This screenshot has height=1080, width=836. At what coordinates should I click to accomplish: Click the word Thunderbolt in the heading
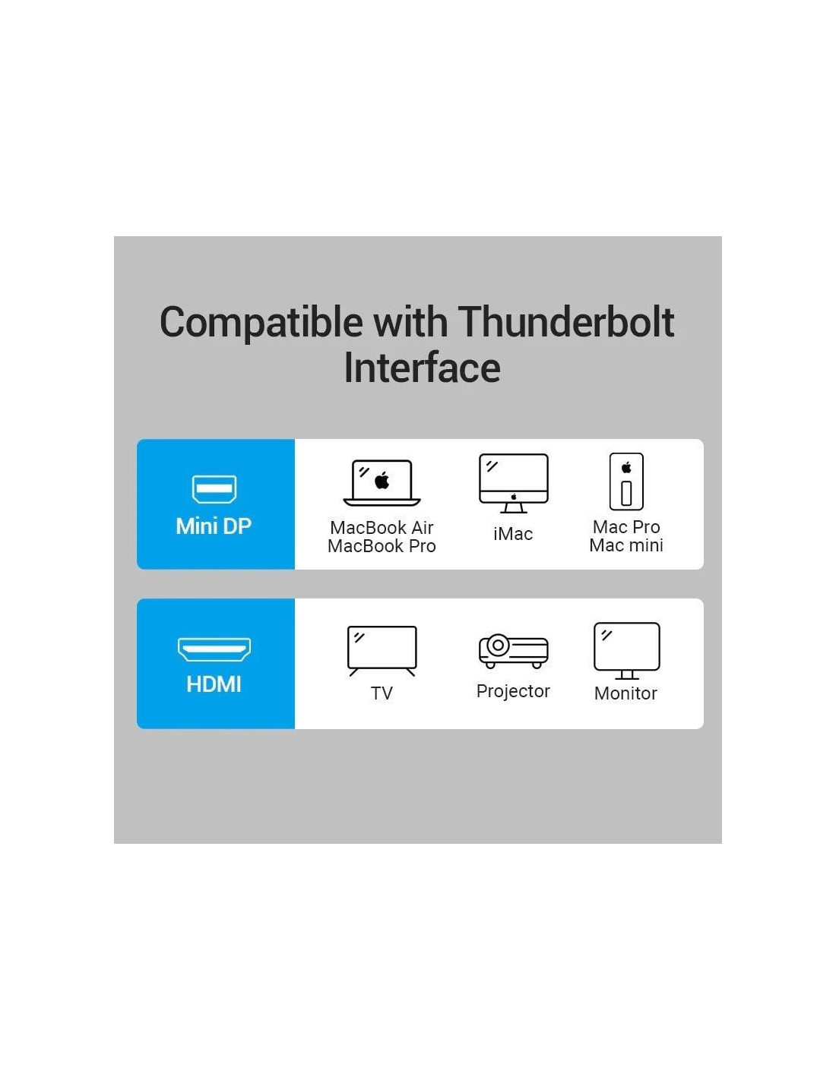565,323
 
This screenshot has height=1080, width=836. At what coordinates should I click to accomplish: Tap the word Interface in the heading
423,368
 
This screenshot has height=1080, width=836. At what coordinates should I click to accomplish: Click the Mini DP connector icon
214,489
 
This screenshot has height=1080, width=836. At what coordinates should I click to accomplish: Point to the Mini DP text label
214,526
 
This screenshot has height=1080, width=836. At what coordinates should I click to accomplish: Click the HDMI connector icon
214,649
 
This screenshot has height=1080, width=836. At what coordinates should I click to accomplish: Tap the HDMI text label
214,684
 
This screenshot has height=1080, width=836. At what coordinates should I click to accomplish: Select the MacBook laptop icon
382,482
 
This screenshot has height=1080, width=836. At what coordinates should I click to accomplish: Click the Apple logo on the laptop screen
382,480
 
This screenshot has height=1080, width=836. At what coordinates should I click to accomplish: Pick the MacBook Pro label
382,546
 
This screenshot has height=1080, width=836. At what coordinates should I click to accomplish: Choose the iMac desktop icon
513,483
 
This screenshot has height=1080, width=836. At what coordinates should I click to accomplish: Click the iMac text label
513,534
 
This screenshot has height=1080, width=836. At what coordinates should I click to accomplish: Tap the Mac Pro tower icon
627,482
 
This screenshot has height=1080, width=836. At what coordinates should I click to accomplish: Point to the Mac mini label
627,545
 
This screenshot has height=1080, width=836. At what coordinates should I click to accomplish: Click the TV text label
382,693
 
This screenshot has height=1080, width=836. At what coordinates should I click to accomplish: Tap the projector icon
513,651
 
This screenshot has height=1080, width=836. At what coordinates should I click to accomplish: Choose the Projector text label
513,691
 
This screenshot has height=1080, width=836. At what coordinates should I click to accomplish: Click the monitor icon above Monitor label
627,651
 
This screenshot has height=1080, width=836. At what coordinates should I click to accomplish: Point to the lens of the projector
498,646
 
